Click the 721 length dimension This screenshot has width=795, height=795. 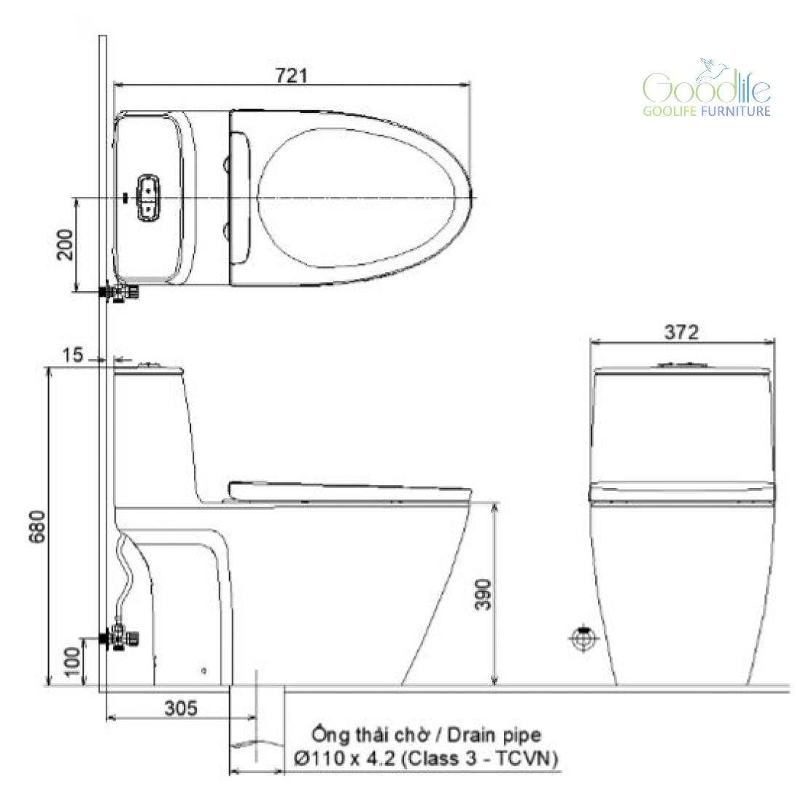tap(292, 75)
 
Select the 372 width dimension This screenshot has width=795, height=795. tap(681, 332)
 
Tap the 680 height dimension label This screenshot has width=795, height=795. tap(37, 527)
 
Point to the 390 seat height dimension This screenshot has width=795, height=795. tap(483, 594)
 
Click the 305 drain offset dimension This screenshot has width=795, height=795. tap(181, 707)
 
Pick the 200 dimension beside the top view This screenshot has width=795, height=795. tap(65, 244)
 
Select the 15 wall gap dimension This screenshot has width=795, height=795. tap(72, 354)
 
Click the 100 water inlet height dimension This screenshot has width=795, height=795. tap(72, 661)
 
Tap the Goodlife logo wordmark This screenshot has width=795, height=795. tap(707, 85)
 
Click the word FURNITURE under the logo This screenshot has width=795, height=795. tap(736, 111)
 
